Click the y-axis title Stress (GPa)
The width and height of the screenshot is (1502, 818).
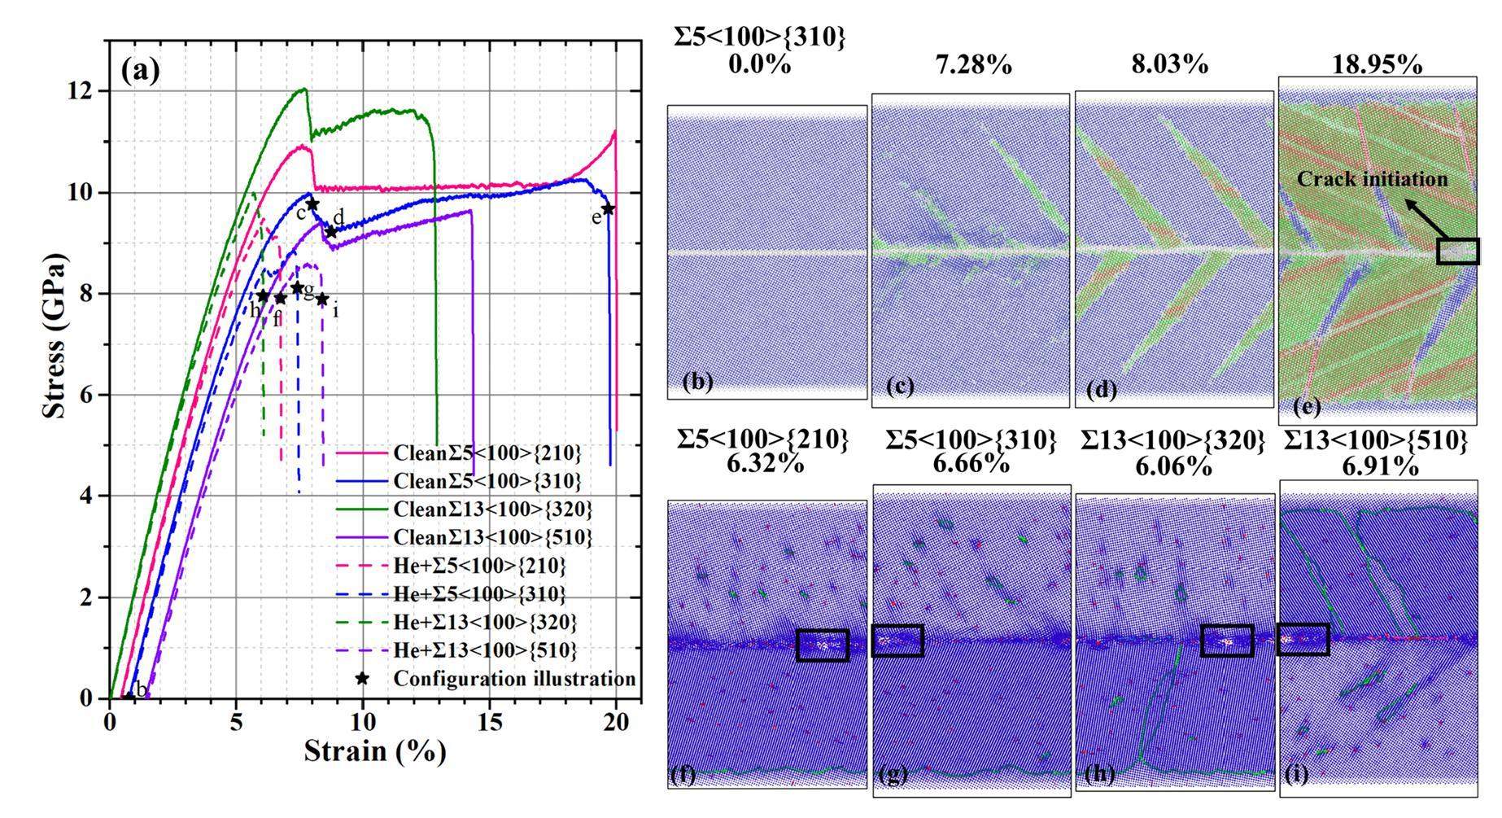pyautogui.click(x=55, y=335)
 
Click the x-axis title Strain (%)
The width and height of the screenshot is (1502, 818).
pyautogui.click(x=375, y=750)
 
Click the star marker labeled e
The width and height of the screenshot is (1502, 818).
pyautogui.click(x=609, y=209)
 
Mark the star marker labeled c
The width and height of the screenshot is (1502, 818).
pyautogui.click(x=312, y=204)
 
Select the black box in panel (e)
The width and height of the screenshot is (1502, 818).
pyautogui.click(x=1458, y=251)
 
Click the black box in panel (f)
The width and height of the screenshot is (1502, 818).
pyautogui.click(x=823, y=645)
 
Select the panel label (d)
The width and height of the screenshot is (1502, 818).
pyautogui.click(x=1102, y=390)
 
